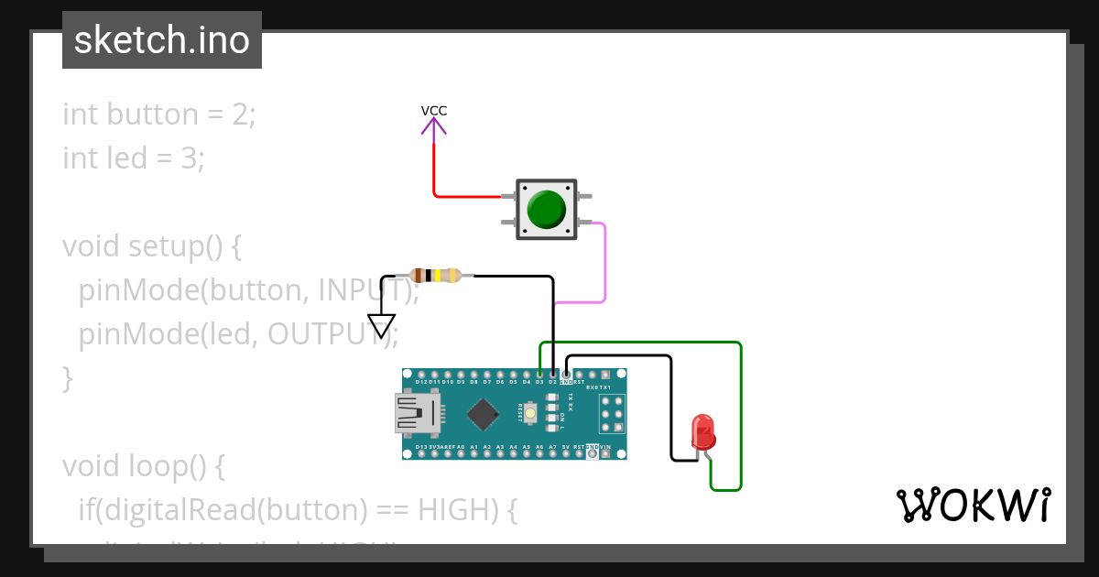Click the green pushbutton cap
[x=548, y=210]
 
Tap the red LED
[x=703, y=431]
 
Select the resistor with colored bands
[x=436, y=275]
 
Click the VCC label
[x=434, y=111]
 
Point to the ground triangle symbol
[x=381, y=325]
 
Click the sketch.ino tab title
[x=162, y=40]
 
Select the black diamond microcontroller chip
[x=483, y=414]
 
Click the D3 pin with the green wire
[x=540, y=375]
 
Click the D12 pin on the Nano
[x=420, y=375]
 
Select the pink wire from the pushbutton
[x=604, y=266]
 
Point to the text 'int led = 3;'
[x=134, y=158]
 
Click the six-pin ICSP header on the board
[x=612, y=414]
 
